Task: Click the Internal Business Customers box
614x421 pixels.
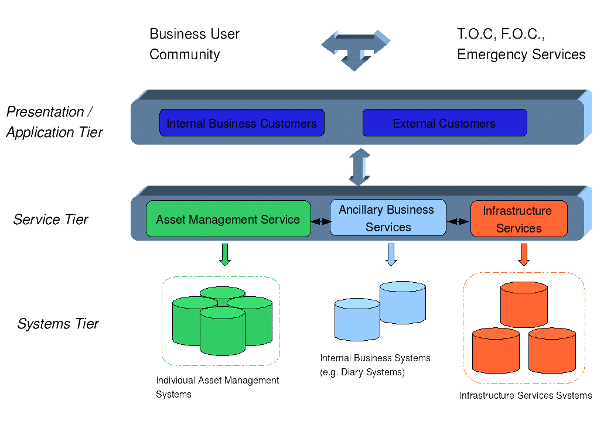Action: [x=241, y=123]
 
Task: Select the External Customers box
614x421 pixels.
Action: [x=444, y=123]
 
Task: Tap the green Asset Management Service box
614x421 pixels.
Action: [x=228, y=220]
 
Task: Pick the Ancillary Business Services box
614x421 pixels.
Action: [x=388, y=218]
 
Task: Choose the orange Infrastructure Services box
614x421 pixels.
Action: [x=519, y=219]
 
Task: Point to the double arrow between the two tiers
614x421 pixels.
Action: [x=360, y=167]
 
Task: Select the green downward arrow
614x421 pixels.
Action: [x=225, y=254]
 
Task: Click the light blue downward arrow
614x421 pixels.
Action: [x=391, y=254]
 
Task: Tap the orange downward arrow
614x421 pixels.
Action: [x=524, y=254]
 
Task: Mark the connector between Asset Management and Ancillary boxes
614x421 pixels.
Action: [x=320, y=221]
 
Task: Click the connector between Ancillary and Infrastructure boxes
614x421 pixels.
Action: [x=459, y=221]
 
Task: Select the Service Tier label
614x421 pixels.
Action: [x=51, y=220]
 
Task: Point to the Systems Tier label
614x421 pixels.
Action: [x=58, y=324]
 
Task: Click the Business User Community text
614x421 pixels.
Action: [x=195, y=45]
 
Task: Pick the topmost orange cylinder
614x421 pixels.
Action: [x=524, y=304]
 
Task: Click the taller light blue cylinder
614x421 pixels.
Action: [x=402, y=303]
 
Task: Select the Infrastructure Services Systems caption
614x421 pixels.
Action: [x=526, y=396]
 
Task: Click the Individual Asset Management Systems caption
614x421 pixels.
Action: [x=217, y=387]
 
